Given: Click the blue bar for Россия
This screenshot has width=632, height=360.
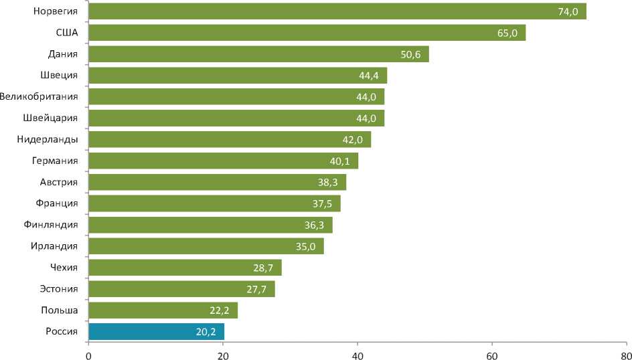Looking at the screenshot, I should click(x=156, y=331).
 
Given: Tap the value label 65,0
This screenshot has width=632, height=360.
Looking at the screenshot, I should click(x=507, y=33).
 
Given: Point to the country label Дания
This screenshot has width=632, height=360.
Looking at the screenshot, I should click(x=64, y=54).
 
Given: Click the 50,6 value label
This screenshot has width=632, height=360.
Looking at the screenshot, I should click(x=410, y=54).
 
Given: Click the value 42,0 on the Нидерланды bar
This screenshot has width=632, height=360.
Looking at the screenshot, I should click(x=353, y=139).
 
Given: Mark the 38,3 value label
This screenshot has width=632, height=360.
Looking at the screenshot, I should click(x=328, y=182).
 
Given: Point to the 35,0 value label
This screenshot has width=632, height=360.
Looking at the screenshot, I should click(x=306, y=246).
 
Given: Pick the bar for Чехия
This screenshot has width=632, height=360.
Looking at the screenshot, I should click(x=185, y=268).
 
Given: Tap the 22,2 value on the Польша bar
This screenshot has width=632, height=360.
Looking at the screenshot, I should click(x=220, y=310).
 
